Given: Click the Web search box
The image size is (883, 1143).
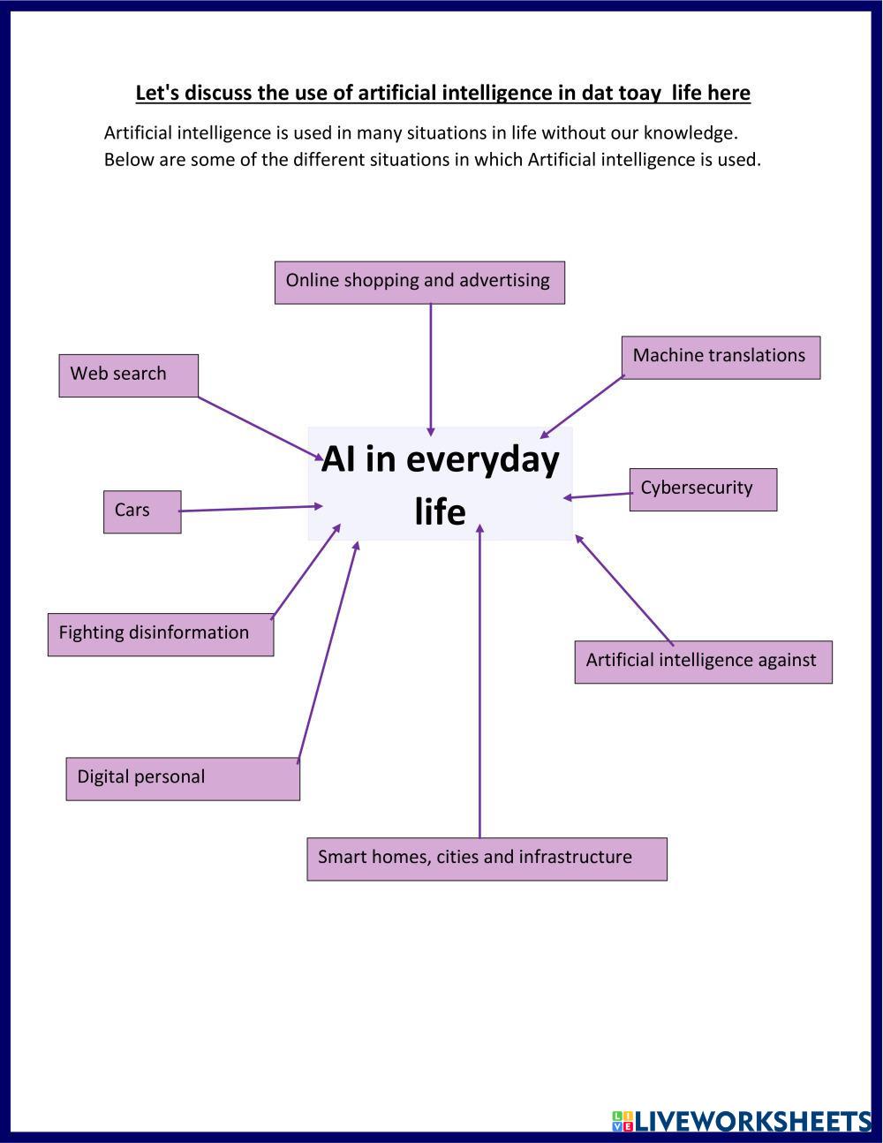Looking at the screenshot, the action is coord(129,375).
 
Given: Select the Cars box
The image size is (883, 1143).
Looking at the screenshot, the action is coord(142,511).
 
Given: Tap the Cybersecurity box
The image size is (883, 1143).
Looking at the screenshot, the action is coord(703,489).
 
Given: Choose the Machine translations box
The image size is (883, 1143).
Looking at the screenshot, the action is coord(721,358).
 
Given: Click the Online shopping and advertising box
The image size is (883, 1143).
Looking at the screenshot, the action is coord(420,283).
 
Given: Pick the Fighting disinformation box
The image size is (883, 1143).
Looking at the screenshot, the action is coord(161,634).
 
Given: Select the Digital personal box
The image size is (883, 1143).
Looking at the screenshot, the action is coord(183,779).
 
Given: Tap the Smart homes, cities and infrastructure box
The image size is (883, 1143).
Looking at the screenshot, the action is coord(487,859).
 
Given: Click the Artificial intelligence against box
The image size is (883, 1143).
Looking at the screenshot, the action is coord(703,662).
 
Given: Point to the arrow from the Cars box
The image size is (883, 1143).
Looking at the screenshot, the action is coord(251,508).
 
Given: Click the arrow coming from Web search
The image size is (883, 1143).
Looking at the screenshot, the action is coord(260,428).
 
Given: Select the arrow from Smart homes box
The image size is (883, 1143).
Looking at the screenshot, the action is coord(479,681).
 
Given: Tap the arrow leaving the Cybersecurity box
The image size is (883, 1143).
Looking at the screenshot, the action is coord(598,496).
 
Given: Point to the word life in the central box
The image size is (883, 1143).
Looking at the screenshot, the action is coord(440,511).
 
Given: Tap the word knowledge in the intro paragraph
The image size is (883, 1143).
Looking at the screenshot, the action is coord(691,133).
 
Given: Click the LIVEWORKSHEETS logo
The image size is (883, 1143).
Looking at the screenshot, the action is coord(742,1120).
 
